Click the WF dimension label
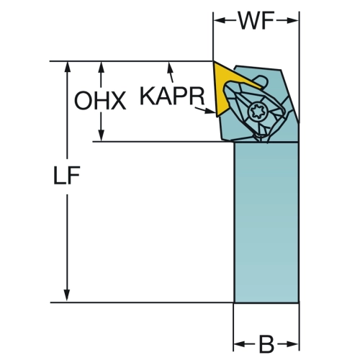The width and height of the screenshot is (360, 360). [x=256, y=21]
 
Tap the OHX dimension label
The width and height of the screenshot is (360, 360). [x=100, y=100]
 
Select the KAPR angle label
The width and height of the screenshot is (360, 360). [x=172, y=96]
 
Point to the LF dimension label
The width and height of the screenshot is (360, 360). [x=66, y=176]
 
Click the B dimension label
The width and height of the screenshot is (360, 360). [x=266, y=345]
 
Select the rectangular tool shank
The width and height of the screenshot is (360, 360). [x=266, y=222]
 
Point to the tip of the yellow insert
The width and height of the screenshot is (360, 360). [x=213, y=62]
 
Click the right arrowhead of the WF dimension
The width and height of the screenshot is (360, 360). [x=293, y=21]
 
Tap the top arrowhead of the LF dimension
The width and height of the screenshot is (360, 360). [x=67, y=68]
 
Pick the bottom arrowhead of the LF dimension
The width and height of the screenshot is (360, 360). [x=67, y=295]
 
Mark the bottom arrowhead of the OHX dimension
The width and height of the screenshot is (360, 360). [x=102, y=135]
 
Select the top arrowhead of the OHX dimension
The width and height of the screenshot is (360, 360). [x=102, y=68]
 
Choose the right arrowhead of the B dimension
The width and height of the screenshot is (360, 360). [x=292, y=345]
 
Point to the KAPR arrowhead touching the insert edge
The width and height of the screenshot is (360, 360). [x=210, y=111]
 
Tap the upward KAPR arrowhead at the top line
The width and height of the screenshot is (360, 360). [x=170, y=68]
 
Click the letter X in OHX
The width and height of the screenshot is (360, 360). [x=117, y=101]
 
